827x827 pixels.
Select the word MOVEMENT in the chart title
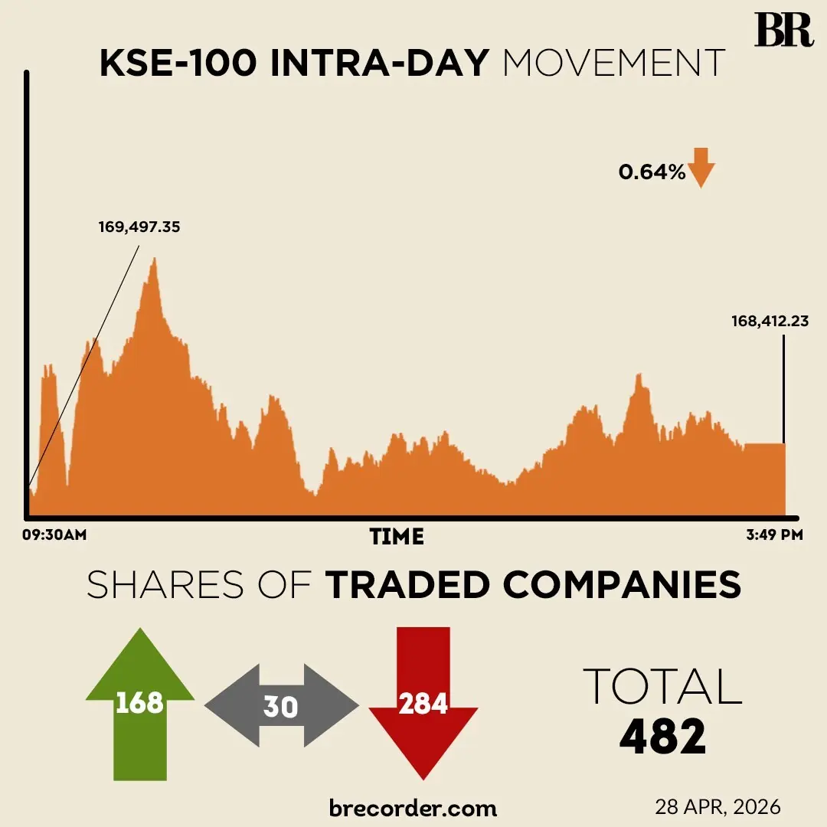coord(613,64)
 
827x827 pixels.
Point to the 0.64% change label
coord(652,173)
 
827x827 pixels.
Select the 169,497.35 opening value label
coord(139,227)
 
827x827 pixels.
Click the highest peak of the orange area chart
coord(155,260)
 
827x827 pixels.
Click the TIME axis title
coord(397,536)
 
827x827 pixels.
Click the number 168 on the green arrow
coord(139,702)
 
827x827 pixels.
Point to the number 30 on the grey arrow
coord(280,706)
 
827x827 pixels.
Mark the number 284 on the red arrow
coord(423,702)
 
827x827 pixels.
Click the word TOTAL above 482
coord(662,686)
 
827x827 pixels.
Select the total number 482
coord(662,737)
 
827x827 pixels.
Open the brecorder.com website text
coord(413,807)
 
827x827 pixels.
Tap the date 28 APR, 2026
coord(717,806)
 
